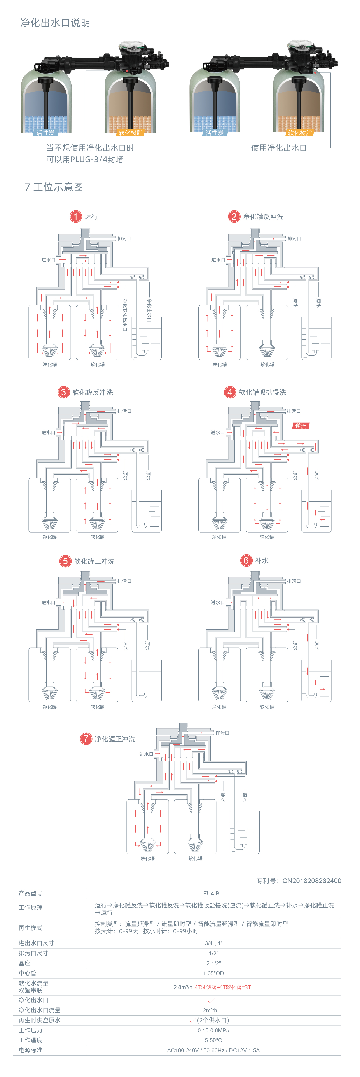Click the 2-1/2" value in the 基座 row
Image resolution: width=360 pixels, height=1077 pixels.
(x=213, y=963)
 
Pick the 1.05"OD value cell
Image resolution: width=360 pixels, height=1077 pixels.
(x=213, y=973)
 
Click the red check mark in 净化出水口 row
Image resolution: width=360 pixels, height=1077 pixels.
(x=211, y=1000)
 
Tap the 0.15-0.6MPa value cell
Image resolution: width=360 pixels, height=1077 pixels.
(x=213, y=1030)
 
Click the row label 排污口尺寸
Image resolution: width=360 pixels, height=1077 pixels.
(x=33, y=953)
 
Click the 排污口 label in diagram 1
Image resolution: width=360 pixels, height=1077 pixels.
(x=124, y=239)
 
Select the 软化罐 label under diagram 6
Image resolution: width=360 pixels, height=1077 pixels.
(x=267, y=707)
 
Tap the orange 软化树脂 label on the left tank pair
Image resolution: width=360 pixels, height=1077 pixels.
(x=130, y=133)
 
